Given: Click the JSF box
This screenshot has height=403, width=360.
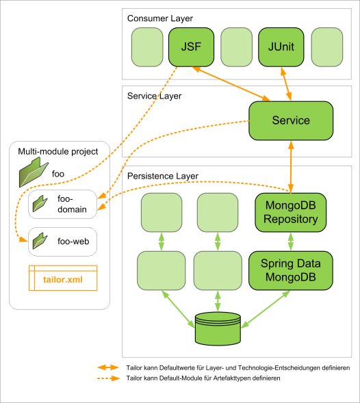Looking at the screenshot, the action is point(191,47).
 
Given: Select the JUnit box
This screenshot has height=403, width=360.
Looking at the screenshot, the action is point(281,47).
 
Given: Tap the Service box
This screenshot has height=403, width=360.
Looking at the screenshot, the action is point(291,120).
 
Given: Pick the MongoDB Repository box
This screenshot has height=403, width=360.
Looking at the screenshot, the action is point(291,212).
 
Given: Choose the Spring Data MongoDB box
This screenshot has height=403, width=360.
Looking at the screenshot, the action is point(291,270).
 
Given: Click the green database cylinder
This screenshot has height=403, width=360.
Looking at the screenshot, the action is point(218,328).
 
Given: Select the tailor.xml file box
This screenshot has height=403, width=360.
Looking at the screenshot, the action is point(63,278).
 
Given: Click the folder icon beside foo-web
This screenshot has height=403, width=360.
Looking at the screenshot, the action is point(40,241).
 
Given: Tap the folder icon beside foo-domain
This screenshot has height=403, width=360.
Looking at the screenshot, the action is point(40,203).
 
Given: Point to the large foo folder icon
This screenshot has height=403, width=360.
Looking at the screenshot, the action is point(34,172).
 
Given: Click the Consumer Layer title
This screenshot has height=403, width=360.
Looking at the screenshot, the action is point(160,18).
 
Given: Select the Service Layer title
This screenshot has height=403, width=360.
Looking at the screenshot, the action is point(154,96).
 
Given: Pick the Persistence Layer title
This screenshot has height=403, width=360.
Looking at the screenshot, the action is point(163,176).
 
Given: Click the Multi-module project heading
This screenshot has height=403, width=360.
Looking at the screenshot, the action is point(58,151).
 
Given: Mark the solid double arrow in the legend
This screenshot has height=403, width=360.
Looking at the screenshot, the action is point(108,368).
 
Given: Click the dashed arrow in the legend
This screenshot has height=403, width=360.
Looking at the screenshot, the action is point(109,378).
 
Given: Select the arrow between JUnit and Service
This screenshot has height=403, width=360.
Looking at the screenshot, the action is point(286,84).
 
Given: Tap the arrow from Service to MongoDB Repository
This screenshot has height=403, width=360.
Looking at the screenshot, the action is point(291,167).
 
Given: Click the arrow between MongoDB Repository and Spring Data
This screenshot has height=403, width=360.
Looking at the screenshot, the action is point(291,242).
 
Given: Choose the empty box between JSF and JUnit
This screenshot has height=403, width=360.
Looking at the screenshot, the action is point(236,47).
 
